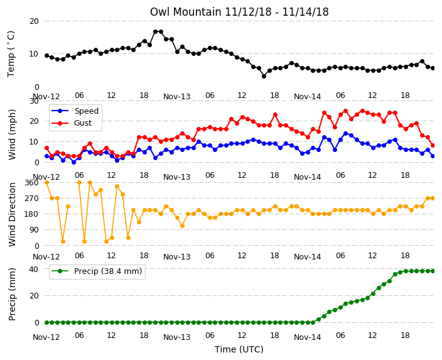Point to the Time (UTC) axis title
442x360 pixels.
point(239,349)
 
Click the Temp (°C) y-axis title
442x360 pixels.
point(11,54)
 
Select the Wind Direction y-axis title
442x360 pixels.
point(12,214)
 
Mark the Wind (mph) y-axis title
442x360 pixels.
point(12,134)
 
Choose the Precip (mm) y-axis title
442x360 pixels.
point(12,294)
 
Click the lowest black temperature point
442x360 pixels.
point(264,76)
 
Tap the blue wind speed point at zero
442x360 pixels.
point(74,162)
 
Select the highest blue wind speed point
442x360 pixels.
point(345,133)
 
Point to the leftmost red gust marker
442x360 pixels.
point(47,148)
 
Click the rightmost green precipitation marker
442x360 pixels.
point(433,271)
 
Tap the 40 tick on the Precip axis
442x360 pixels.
point(34,269)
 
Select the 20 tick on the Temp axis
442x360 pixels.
point(34,21)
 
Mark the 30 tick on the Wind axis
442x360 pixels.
point(35,101)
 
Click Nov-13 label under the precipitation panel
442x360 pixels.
point(177,337)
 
